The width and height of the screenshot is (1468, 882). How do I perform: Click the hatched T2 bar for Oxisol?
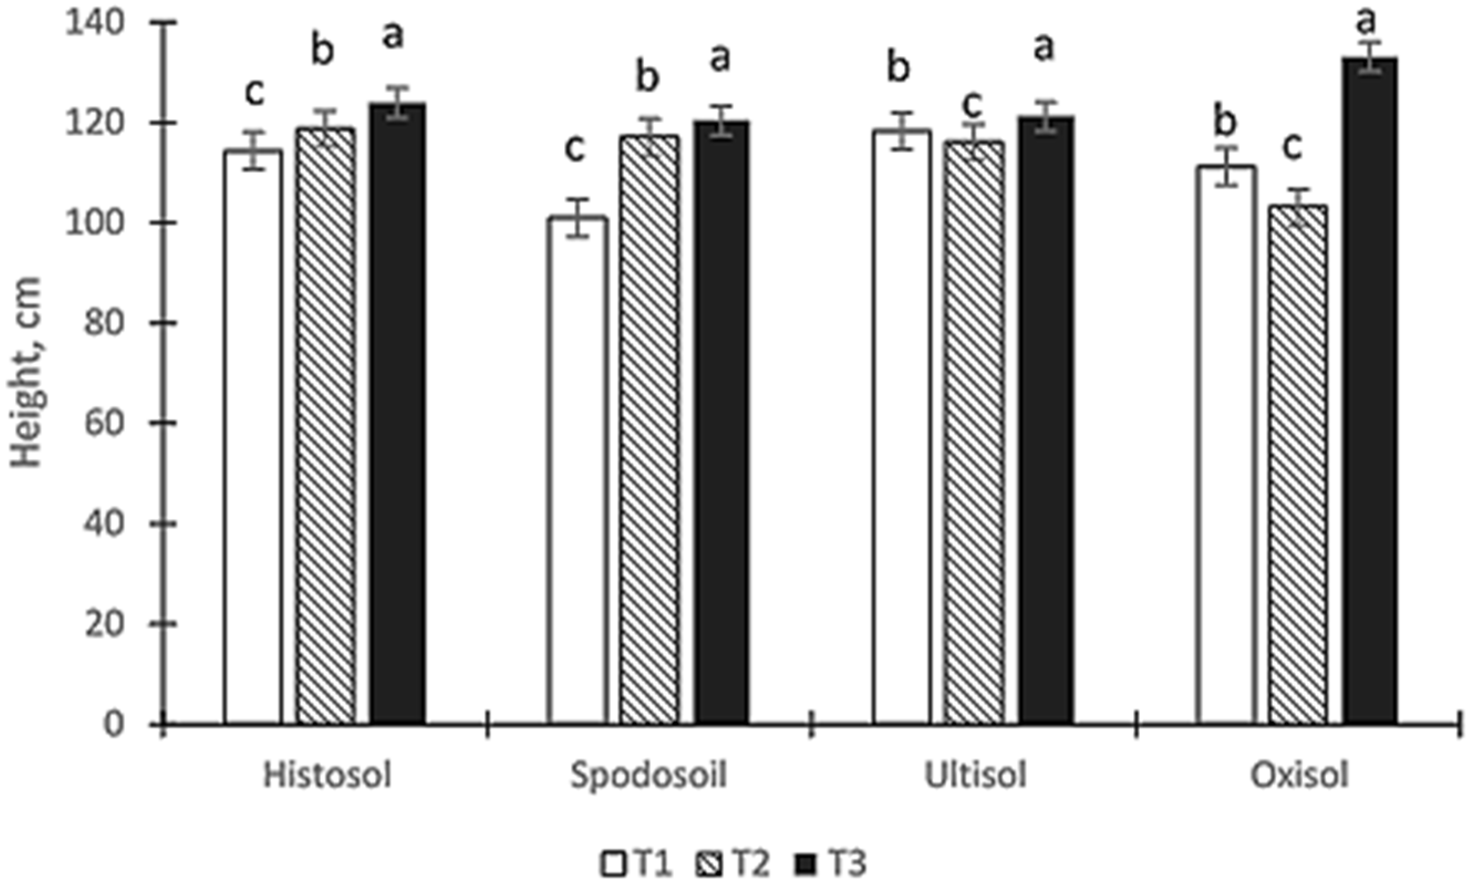pos(1298,464)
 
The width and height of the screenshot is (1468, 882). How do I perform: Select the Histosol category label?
pos(327,776)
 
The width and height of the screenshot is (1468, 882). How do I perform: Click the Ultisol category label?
pos(975,776)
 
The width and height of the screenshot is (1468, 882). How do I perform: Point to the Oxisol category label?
pos(1299,776)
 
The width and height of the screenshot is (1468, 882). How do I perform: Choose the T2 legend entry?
pos(732,864)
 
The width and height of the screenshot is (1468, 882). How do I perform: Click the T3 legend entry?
pos(831,864)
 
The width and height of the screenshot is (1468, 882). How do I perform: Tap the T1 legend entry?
pos(636,864)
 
